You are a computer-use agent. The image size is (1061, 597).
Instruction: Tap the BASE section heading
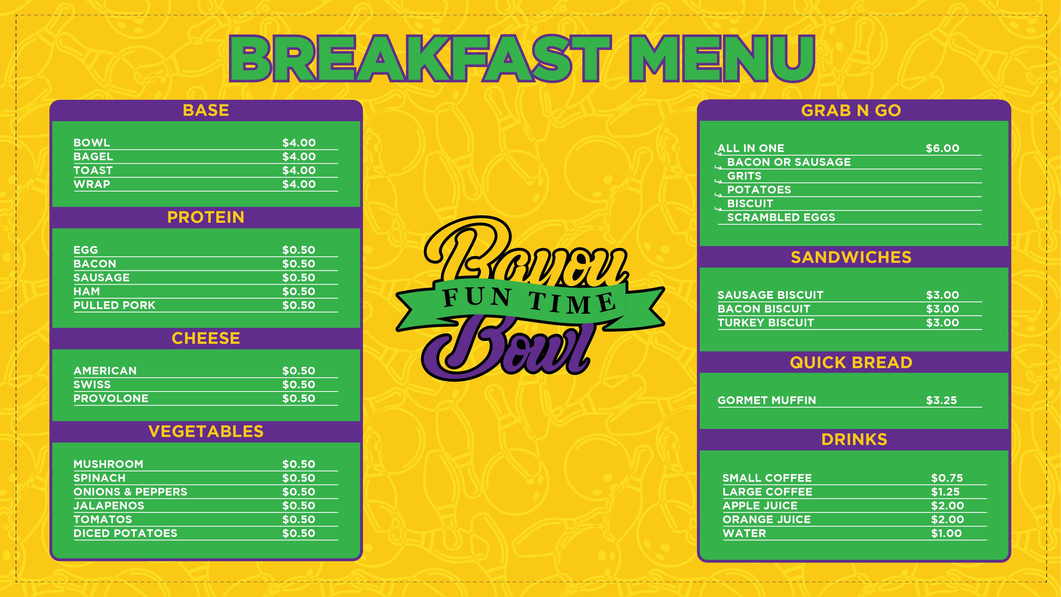coord(206,111)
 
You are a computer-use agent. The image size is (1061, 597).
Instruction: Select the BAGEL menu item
coord(93,156)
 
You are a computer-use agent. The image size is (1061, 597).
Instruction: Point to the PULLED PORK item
coord(115,305)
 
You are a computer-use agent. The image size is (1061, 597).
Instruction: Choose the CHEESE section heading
coord(206,338)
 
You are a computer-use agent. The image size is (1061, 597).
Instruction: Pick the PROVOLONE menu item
coord(111,398)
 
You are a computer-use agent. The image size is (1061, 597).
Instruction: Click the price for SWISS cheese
coord(299,384)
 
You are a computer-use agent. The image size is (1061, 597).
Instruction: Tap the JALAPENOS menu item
coord(109,506)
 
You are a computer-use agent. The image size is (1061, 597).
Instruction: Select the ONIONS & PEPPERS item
coord(130,491)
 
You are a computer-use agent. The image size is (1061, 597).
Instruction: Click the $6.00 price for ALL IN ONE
coord(943,148)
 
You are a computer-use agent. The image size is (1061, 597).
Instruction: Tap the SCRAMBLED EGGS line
coord(781,218)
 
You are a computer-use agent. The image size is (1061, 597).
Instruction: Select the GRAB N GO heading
coord(851,111)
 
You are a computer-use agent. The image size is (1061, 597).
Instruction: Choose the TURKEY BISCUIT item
coord(766,323)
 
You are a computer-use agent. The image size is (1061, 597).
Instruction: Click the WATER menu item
coord(744,533)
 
